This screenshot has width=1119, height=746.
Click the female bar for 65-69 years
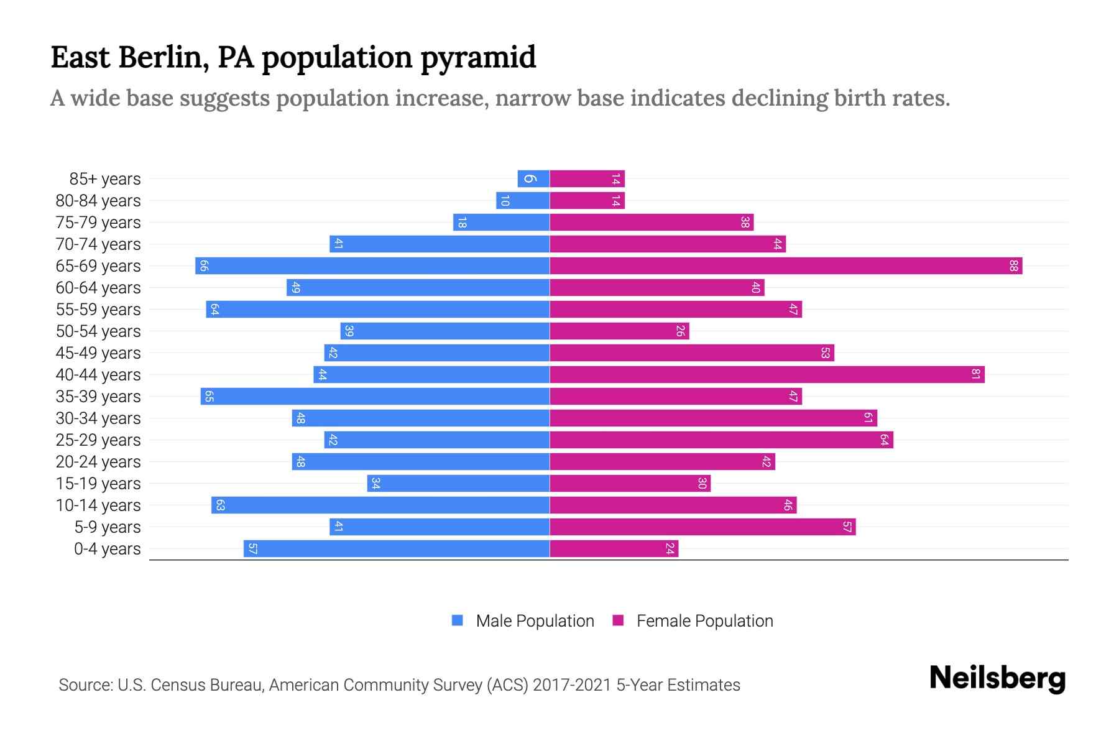[786, 266]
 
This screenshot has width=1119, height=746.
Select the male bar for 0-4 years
[397, 549]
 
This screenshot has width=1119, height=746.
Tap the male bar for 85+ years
[533, 179]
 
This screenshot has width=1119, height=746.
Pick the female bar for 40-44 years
[767, 375]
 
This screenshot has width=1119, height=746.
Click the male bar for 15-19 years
[458, 484]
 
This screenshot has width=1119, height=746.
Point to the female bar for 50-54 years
[619, 331]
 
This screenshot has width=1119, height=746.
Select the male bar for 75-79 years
[501, 223]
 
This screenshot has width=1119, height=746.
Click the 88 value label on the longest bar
[1014, 266]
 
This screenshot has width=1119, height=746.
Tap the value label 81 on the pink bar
[976, 375]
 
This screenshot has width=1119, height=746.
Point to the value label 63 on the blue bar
[220, 505]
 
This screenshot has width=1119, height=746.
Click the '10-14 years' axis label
[98, 505]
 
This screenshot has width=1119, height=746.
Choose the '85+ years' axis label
[105, 179]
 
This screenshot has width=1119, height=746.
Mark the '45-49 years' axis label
[98, 353]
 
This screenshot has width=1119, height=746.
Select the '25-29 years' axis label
[98, 440]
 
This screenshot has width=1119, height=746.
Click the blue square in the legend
[458, 620]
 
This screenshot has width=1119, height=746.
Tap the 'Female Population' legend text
[705, 621]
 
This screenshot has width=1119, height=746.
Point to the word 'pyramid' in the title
[478, 58]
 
